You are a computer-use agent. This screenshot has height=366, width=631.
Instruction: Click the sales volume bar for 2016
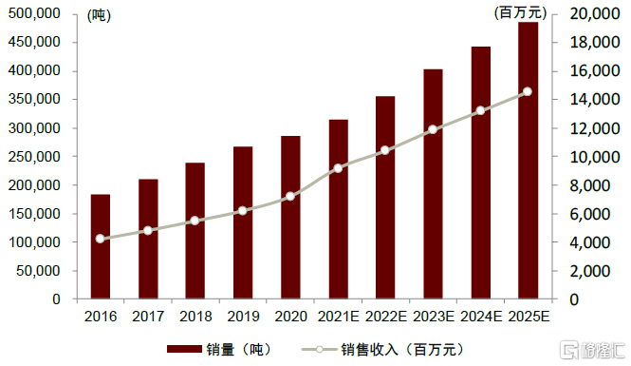pos(101,246)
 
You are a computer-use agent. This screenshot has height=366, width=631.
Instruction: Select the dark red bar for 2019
pos(243,222)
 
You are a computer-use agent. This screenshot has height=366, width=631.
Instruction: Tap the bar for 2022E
pos(385,198)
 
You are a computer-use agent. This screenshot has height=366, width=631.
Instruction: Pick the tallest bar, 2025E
pos(528,161)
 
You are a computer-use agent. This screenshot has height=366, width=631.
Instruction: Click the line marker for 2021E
pos(338,168)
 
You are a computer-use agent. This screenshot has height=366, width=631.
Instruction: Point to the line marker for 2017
pos(148,231)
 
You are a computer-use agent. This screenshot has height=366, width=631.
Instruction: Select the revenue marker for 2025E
pos(528,92)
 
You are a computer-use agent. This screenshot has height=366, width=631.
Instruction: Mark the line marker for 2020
pos(290,197)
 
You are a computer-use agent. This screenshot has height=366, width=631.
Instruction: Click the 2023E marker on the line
pos(433,129)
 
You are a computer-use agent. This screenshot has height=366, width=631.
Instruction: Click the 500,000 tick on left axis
pos(34,13)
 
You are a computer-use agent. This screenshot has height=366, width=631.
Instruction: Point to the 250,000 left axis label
pos(34,157)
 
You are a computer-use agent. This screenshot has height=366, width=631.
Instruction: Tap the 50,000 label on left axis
pos(38,271)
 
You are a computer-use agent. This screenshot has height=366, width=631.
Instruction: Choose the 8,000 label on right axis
pos(589,185)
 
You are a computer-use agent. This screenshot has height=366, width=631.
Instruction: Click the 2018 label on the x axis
pos(195,317)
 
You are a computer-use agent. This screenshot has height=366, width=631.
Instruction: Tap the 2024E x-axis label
pos(481,317)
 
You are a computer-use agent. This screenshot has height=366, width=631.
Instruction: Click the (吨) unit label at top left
pos(99,15)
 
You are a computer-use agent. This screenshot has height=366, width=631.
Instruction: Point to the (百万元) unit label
pos(520,12)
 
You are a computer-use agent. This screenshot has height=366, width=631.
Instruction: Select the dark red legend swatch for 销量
pos(184,349)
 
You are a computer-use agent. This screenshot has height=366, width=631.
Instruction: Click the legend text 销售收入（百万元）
pos(402,350)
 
